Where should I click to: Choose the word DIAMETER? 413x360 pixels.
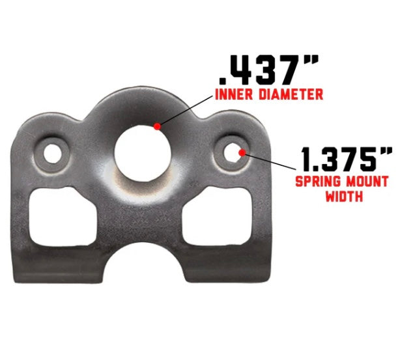pyautogui.click(x=290, y=95)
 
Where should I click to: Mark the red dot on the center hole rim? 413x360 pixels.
pyautogui.click(x=156, y=126)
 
